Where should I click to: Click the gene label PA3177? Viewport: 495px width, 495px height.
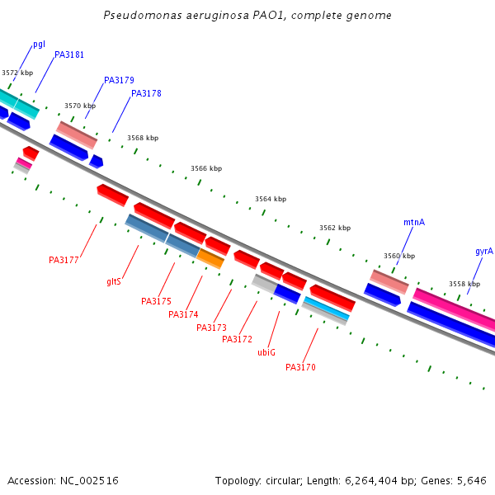pos(64,260)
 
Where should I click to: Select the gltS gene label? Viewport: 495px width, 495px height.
pos(114,281)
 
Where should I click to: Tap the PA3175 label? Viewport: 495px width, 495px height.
pos(156,301)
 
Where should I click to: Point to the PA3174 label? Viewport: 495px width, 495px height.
pos(183,314)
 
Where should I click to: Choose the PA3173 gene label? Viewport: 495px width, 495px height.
pos(211,328)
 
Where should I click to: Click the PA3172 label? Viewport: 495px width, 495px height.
pos(237,339)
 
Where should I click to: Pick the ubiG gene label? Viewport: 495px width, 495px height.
pos(266,352)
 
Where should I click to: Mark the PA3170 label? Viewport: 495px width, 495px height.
pos(300,367)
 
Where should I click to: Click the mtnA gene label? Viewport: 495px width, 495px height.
pos(414,222)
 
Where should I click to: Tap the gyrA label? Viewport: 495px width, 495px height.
pos(483,251)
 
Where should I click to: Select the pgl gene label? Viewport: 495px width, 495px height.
pos(39,44)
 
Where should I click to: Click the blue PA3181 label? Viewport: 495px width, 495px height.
pos(69,54)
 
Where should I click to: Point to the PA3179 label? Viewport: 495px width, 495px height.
pos(119,80)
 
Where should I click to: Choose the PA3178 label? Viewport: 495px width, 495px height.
pos(146,93)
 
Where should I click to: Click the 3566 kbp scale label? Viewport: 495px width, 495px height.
pos(206,168)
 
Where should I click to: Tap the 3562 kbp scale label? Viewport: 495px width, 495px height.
pos(335,228)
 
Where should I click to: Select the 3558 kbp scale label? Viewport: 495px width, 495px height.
pos(464,284)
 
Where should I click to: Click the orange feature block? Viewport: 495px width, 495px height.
pos(210,258)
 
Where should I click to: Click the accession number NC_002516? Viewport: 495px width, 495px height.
pos(91,480)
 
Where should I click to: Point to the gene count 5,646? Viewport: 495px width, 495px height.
pos(472,480)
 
